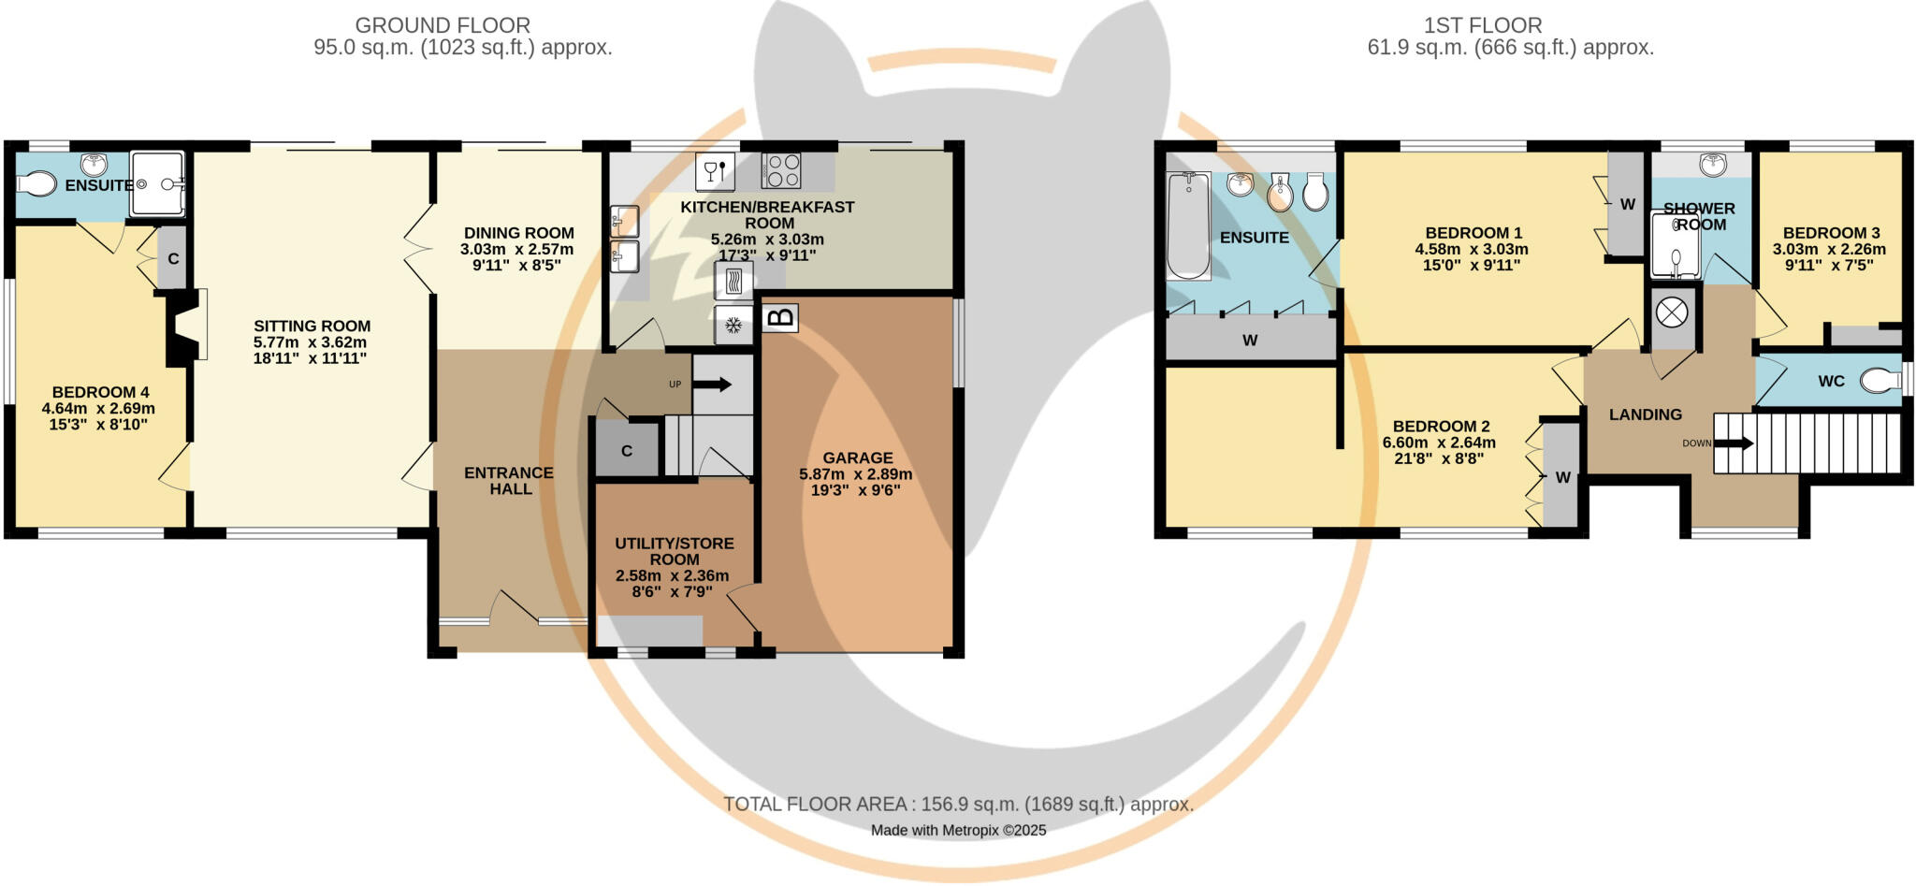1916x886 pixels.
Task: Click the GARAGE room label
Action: click(857, 458)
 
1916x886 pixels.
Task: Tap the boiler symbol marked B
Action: click(780, 318)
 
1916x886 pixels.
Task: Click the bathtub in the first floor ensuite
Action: click(1188, 225)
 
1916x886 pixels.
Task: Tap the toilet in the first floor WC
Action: click(1879, 380)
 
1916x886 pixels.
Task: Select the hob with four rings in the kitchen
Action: click(781, 170)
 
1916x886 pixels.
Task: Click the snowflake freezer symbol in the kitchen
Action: click(734, 326)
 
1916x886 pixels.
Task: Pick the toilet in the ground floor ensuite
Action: click(36, 183)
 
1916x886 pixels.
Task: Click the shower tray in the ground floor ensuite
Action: click(157, 183)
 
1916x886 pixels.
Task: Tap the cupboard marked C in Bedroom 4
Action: click(172, 258)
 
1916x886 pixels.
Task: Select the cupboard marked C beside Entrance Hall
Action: click(627, 450)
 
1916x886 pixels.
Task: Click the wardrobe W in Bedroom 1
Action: click(1627, 204)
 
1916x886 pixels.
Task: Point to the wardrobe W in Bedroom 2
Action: click(1562, 477)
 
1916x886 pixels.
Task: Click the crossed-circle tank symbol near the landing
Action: click(1672, 312)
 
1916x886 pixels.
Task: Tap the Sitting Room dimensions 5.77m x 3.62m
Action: click(312, 342)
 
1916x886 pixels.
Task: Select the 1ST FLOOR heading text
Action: click(1483, 25)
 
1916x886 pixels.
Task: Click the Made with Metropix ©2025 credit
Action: click(958, 830)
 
